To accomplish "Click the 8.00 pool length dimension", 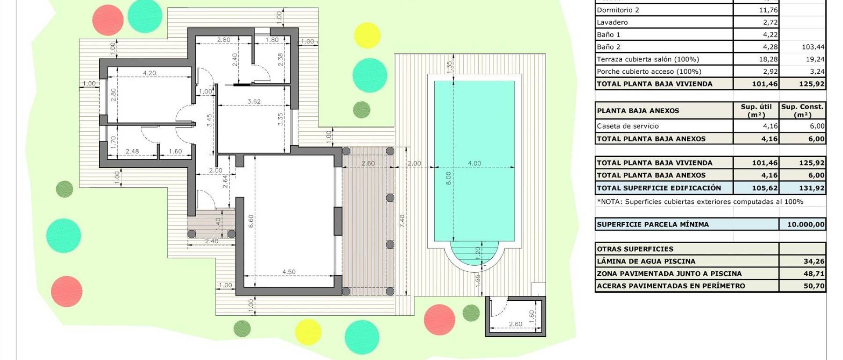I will (448, 178).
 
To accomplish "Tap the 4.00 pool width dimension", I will (474, 163).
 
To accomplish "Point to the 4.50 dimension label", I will (288, 272).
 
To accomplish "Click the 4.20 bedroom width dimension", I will (149, 73).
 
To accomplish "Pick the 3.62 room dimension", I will (254, 101).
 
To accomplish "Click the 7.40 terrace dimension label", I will (402, 221).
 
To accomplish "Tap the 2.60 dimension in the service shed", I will (515, 324).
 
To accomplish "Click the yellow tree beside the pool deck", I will (367, 35).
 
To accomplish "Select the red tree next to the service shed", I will (440, 320).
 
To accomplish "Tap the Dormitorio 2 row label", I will (618, 10).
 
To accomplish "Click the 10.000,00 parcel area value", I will (806, 224).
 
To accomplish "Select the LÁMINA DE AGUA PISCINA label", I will (646, 261).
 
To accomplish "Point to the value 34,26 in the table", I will (814, 261).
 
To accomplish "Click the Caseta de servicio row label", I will (627, 126).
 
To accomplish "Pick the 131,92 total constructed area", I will (811, 188).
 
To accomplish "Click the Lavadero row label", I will (612, 22).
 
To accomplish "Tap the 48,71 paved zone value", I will (814, 274).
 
